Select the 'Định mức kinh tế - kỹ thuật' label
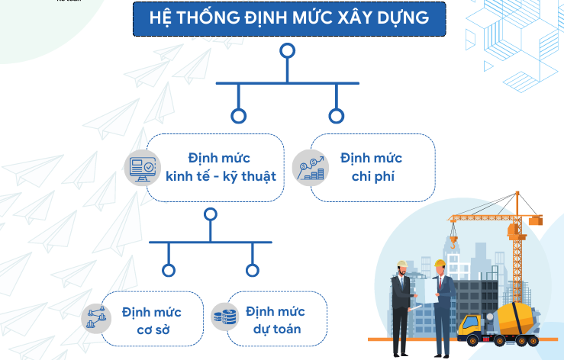tap(221, 168)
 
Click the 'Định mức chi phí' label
tap(372, 168)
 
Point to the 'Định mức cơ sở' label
tap(150, 321)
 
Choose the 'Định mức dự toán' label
tap(276, 321)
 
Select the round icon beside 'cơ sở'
tap(97, 317)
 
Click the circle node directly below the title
tap(287, 51)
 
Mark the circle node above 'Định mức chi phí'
tap(336, 116)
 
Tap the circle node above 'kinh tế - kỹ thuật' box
tap(239, 116)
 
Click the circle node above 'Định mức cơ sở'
tap(169, 270)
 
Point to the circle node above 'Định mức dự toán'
tap(253, 270)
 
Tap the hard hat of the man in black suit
tap(401, 265)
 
